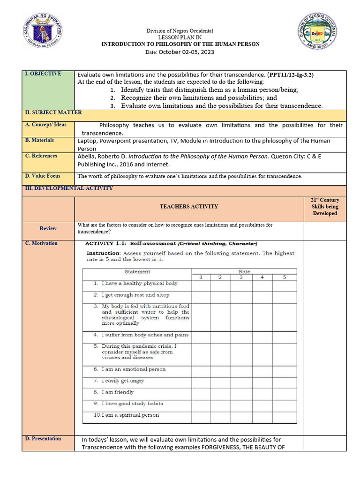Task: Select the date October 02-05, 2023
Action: tap(186, 52)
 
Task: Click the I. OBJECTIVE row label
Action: tap(43, 74)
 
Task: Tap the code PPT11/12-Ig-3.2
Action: tap(290, 75)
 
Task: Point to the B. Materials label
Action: tap(39, 140)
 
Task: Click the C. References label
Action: tap(41, 156)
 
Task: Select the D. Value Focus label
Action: tap(43, 176)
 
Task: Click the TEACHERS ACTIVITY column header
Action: tap(189, 206)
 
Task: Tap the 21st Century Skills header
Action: tap(325, 207)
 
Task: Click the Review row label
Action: tap(48, 228)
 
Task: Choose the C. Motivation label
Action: tap(41, 243)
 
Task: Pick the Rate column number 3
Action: tap(241, 277)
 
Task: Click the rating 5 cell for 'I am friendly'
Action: tap(285, 392)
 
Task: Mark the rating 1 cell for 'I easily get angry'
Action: tap(201, 381)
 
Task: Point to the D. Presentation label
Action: tap(43, 439)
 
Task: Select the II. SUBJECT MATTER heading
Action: tap(53, 112)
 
